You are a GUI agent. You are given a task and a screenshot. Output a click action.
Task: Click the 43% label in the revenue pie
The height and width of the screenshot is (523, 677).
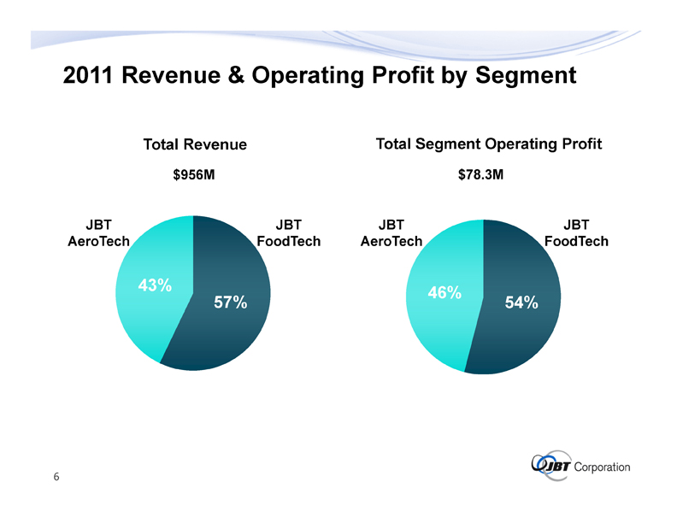[x=156, y=286]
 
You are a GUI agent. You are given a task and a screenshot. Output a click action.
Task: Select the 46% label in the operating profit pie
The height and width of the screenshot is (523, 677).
[x=444, y=293]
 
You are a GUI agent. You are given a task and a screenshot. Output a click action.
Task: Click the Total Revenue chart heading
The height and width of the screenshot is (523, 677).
[x=195, y=145]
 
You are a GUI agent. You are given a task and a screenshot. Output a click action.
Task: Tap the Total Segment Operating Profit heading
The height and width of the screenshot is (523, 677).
[x=489, y=144]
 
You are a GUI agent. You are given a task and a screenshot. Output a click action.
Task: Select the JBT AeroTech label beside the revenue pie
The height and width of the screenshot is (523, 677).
[x=98, y=233]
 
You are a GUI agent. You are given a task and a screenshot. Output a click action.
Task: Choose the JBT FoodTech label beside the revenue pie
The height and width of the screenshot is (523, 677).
[x=289, y=233]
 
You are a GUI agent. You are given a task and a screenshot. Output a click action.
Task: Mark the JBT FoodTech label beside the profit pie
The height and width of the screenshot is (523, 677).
[x=576, y=233]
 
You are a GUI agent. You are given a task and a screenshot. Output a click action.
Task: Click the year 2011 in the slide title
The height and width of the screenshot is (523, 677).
[x=89, y=77]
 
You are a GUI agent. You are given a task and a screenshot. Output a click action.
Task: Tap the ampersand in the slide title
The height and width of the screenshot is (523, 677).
[x=243, y=77]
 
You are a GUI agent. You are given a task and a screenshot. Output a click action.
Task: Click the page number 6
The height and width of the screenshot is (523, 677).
[x=56, y=477]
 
